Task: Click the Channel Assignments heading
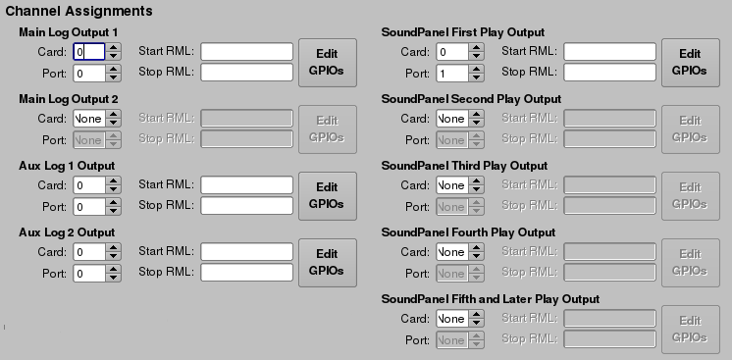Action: tap(79, 12)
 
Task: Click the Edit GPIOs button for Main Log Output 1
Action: tap(327, 63)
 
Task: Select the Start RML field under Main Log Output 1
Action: tap(247, 51)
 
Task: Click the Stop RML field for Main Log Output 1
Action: tap(247, 73)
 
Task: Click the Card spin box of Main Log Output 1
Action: tap(89, 52)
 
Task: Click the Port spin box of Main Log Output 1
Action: tap(89, 73)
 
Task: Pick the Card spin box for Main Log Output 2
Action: tap(89, 118)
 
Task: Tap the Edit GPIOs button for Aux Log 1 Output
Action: tap(327, 196)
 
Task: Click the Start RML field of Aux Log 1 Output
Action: tap(247, 184)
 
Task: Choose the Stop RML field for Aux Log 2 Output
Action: tap(247, 273)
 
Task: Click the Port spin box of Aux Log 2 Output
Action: tap(89, 273)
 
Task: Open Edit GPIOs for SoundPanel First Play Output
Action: tap(690, 62)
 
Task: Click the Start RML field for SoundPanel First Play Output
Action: tap(609, 51)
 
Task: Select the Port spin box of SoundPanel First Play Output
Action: tap(452, 73)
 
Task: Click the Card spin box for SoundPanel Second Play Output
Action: tap(452, 118)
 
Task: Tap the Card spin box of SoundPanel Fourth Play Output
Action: tap(452, 251)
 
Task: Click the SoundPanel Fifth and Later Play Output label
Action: tap(490, 298)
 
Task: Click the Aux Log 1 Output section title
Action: tap(67, 165)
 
